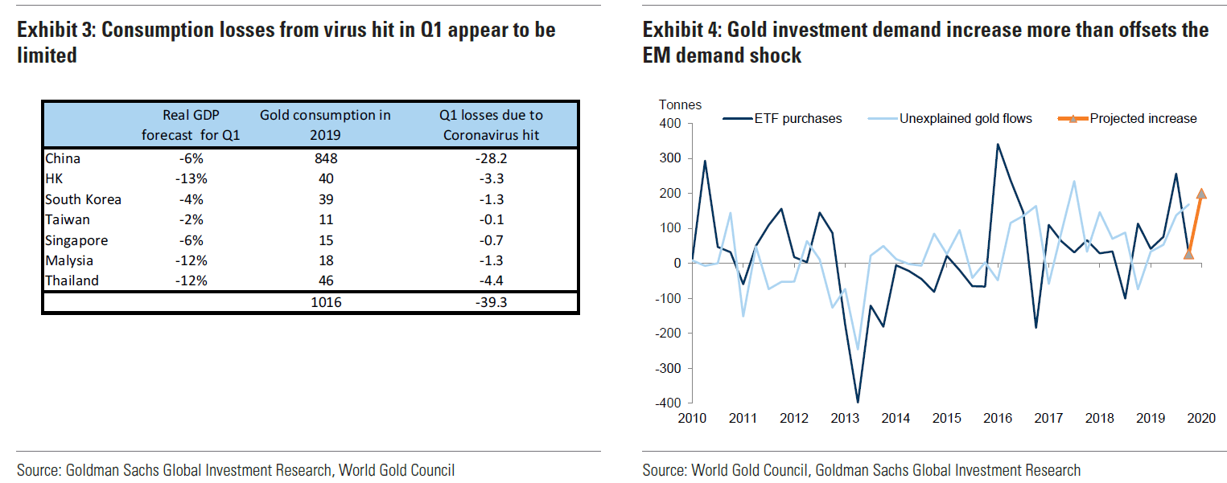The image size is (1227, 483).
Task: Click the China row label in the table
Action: click(62, 158)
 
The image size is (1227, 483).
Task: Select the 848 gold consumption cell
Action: click(325, 158)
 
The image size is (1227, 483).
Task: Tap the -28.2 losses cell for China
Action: click(491, 158)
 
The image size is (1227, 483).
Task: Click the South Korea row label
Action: click(83, 199)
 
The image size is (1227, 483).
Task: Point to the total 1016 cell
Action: click(325, 302)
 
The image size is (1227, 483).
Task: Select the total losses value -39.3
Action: click(491, 302)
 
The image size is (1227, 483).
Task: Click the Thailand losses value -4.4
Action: click(491, 280)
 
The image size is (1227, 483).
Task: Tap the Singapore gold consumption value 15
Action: click(325, 240)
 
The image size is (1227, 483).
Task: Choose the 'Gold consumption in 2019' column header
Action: click(325, 125)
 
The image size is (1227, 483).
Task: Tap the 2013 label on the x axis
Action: click(844, 419)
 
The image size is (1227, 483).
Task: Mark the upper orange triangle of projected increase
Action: click(1201, 193)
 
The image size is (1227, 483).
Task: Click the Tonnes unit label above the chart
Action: click(680, 104)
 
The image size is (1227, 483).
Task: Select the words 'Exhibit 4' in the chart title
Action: click(681, 31)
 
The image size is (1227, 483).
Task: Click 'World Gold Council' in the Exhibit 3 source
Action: click(397, 470)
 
